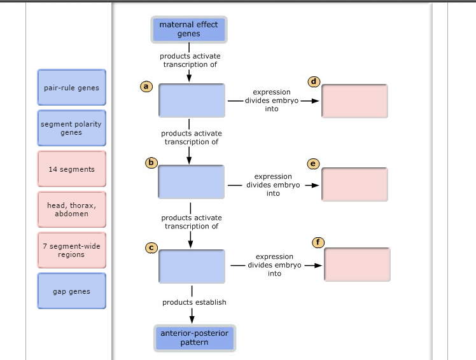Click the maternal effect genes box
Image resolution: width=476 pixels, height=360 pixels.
tap(188, 29)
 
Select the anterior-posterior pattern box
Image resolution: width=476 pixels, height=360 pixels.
tap(194, 338)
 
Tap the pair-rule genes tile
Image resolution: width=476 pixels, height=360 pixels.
tap(71, 88)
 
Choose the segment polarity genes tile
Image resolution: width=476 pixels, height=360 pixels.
tap(71, 128)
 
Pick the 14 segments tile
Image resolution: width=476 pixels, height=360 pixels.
tap(71, 169)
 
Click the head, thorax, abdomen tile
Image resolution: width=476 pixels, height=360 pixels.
tap(71, 210)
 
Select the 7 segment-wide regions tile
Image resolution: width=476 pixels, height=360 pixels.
tap(71, 251)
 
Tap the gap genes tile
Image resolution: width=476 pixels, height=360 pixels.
tap(71, 291)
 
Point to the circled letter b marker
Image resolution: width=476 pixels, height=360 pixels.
tap(151, 163)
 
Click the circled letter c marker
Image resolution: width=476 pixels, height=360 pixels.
tap(151, 247)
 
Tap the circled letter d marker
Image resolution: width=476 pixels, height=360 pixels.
tap(314, 81)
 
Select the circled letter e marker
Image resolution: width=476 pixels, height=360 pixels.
tap(312, 163)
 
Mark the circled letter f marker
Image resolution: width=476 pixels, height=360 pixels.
tap(319, 242)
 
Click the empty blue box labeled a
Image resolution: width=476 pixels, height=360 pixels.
tap(192, 100)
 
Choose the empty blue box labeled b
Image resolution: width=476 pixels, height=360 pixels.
tap(191, 181)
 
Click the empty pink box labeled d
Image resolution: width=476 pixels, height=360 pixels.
tap(354, 101)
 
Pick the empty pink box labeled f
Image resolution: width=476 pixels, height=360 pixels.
tap(357, 265)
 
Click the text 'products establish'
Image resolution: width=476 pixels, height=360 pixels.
tap(194, 302)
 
